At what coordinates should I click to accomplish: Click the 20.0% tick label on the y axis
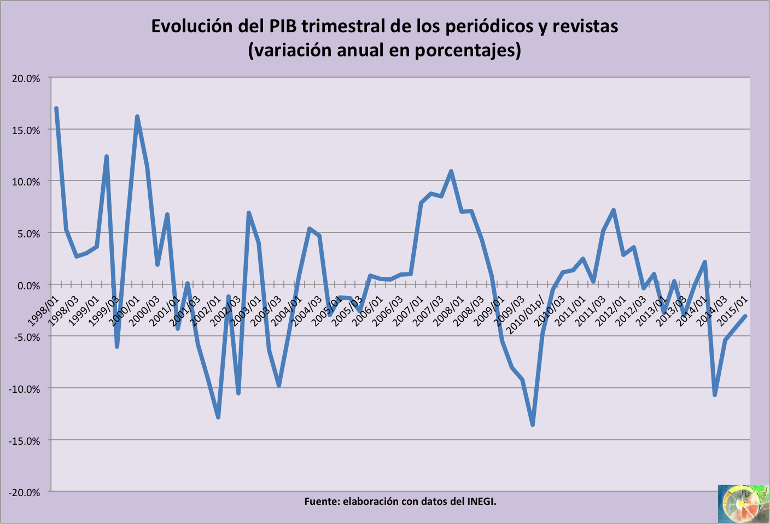tap(26, 78)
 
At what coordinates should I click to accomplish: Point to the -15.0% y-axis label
tap(24, 441)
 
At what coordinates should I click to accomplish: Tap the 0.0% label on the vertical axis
tap(27, 286)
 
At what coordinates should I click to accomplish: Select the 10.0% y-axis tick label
tap(26, 182)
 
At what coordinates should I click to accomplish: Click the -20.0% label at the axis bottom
tap(24, 492)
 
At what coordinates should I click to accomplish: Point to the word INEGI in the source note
tap(481, 501)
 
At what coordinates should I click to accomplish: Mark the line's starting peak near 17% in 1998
tap(56, 109)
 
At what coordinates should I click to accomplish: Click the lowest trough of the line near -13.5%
tap(533, 424)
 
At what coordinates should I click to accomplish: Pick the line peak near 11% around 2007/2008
tap(451, 171)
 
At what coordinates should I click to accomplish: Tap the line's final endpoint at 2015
tap(745, 316)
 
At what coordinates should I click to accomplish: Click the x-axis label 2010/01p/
tap(525, 315)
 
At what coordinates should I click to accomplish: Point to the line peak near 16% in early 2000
tap(137, 117)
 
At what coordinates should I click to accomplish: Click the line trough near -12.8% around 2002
tap(218, 417)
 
